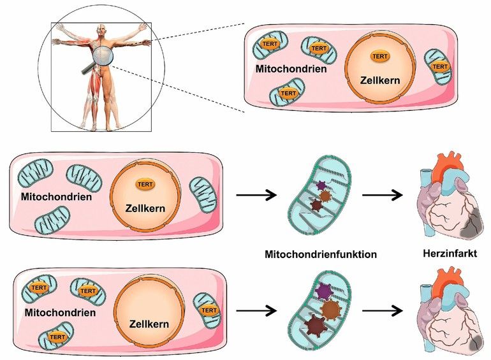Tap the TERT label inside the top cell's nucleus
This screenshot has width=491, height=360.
[380, 56]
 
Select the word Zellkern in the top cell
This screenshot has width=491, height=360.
[380, 80]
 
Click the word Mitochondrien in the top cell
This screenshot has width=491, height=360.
[291, 69]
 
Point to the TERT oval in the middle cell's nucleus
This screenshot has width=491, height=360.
[145, 185]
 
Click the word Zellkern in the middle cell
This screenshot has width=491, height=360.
[145, 208]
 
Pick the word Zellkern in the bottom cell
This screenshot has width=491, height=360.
[149, 324]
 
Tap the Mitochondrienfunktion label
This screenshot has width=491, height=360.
[321, 254]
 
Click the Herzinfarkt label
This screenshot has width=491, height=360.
[450, 253]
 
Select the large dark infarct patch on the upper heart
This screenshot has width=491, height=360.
[472, 224]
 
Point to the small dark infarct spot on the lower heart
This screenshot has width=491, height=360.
[476, 343]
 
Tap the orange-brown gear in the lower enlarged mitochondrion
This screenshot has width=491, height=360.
[331, 309]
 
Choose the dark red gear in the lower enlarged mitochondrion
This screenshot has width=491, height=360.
[316, 326]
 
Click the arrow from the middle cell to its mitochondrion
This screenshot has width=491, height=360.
[256, 195]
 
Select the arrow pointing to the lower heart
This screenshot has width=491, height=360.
[383, 311]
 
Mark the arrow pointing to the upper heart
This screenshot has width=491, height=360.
[383, 195]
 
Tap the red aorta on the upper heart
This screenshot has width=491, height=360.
[445, 166]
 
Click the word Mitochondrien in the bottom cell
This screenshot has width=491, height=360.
[60, 312]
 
